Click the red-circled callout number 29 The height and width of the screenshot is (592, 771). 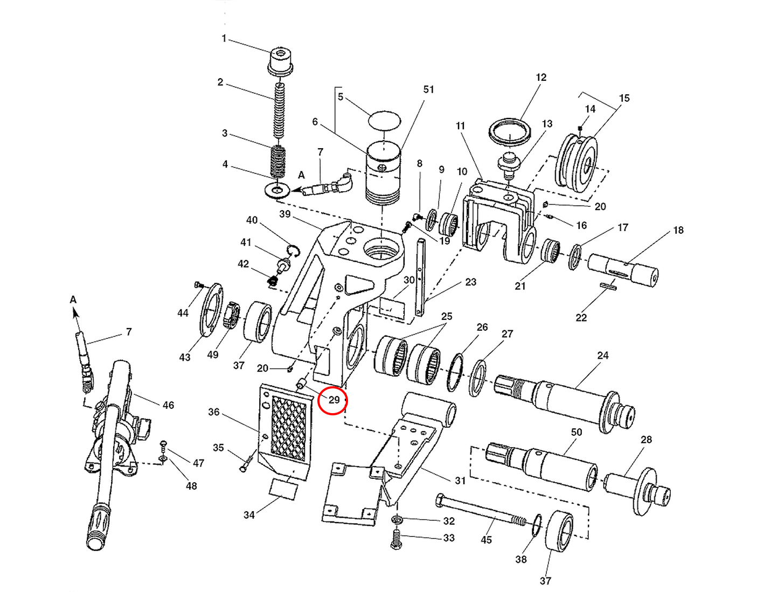[333, 400]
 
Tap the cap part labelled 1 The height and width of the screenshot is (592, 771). [280, 61]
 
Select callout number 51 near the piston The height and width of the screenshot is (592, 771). [428, 89]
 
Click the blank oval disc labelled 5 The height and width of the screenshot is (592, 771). [384, 120]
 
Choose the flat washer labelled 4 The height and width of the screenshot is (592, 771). [278, 190]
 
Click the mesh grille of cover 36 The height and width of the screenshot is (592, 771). [288, 428]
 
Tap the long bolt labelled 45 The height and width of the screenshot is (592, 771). [480, 511]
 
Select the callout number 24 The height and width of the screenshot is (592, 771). [603, 356]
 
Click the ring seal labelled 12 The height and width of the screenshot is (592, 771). [510, 131]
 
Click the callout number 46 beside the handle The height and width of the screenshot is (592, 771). [168, 405]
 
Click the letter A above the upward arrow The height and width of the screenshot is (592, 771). [73, 300]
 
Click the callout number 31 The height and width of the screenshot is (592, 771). [460, 480]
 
